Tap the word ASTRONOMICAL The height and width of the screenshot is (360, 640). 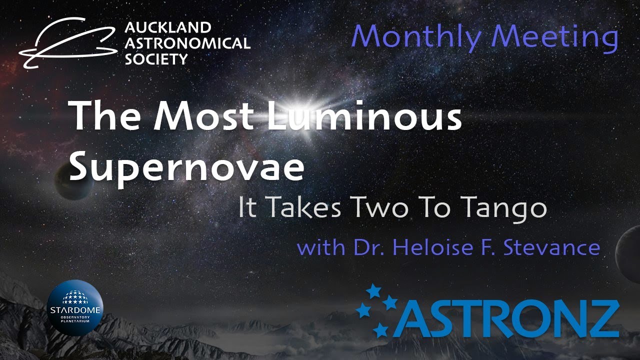pyautogui.click(x=187, y=43)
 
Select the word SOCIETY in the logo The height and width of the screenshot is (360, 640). pyautogui.click(x=156, y=59)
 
